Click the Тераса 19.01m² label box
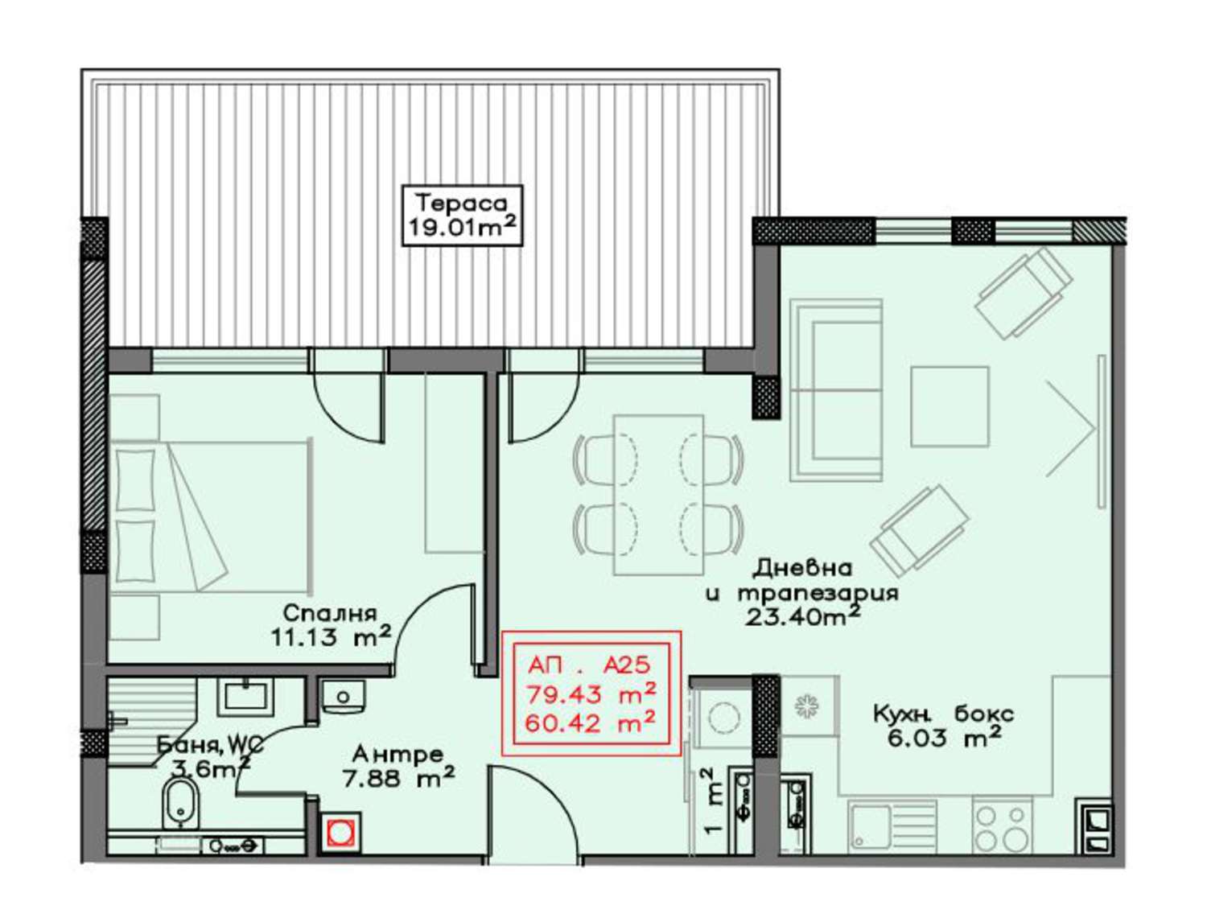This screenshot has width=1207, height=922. pyautogui.click(x=461, y=215)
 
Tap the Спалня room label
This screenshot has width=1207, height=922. pyautogui.click(x=329, y=612)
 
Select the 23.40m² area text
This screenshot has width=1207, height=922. pyautogui.click(x=802, y=617)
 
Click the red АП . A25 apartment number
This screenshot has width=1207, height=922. pyautogui.click(x=589, y=666)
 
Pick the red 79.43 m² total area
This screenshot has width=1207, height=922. pyautogui.click(x=591, y=694)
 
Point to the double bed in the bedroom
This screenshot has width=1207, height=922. pyautogui.click(x=211, y=517)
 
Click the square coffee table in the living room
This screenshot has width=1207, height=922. pyautogui.click(x=949, y=407)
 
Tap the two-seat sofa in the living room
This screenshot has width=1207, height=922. pyautogui.click(x=836, y=389)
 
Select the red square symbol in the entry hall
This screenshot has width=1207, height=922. pyautogui.click(x=341, y=833)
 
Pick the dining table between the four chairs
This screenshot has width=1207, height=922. pyautogui.click(x=657, y=494)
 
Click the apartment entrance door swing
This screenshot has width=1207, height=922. pyautogui.click(x=533, y=813)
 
